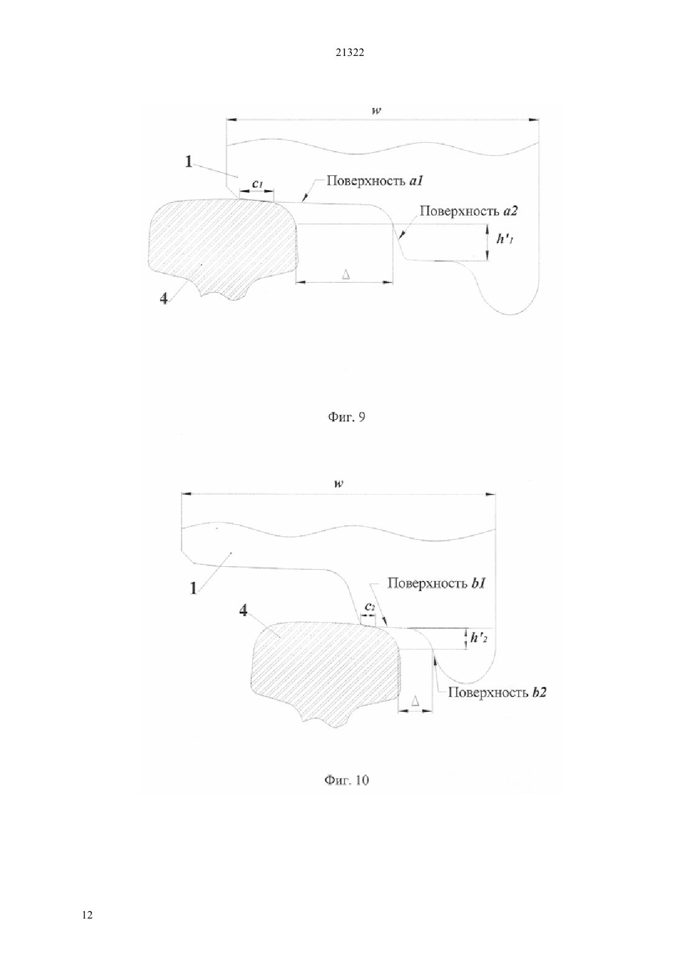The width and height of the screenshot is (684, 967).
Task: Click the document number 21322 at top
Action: pyautogui.click(x=349, y=53)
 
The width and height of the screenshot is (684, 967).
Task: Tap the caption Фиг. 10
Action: pyautogui.click(x=347, y=780)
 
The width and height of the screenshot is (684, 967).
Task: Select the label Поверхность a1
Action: pyautogui.click(x=374, y=180)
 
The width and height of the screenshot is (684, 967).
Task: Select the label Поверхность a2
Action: pyautogui.click(x=468, y=211)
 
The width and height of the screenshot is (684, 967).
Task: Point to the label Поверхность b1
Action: pyautogui.click(x=437, y=583)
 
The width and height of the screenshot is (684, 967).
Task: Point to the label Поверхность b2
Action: pyautogui.click(x=497, y=692)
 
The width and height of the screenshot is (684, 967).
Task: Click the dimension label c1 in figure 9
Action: pyautogui.click(x=257, y=183)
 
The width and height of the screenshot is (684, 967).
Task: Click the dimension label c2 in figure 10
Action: pyautogui.click(x=369, y=607)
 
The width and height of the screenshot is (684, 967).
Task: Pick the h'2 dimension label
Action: pyautogui.click(x=479, y=638)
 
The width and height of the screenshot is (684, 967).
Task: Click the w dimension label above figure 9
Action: pyautogui.click(x=377, y=110)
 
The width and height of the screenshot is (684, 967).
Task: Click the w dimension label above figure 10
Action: pyautogui.click(x=338, y=483)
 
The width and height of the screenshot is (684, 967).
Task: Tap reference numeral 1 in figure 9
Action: pyautogui.click(x=188, y=162)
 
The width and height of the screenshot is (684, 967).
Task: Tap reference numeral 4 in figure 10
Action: pyautogui.click(x=244, y=610)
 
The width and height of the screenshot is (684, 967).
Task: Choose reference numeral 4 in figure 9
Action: pyautogui.click(x=164, y=298)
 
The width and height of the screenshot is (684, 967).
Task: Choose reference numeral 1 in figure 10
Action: pyautogui.click(x=193, y=588)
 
